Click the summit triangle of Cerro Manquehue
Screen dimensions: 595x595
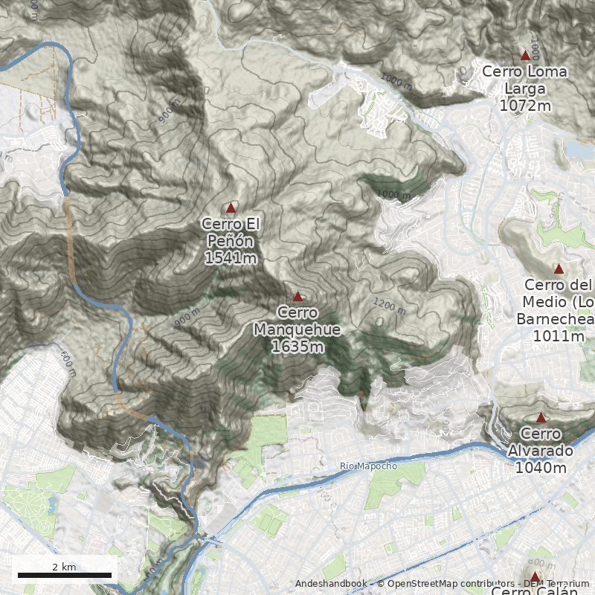tap(297, 296)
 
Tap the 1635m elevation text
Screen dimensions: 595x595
tap(297, 347)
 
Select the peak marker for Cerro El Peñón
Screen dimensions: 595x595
tap(231, 208)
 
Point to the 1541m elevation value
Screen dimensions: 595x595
tap(231, 258)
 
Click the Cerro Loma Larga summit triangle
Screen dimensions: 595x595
tap(525, 55)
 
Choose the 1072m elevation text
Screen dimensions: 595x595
tap(525, 106)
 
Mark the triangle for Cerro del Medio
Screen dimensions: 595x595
tap(559, 268)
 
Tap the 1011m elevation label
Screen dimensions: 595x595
tap(559, 336)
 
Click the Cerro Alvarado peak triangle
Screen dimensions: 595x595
tap(541, 417)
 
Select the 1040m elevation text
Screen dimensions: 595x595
tap(541, 468)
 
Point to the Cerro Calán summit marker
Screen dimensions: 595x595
tap(534, 576)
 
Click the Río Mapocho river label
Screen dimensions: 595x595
tap(368, 466)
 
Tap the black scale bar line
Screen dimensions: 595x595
tap(64, 575)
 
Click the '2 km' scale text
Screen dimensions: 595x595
tap(64, 567)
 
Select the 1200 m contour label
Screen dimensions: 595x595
tap(389, 305)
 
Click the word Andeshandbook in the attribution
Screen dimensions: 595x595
tap(331, 584)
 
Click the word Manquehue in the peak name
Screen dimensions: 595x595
tap(297, 329)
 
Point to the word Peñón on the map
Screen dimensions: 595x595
tap(231, 241)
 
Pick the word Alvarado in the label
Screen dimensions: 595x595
tap(541, 451)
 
